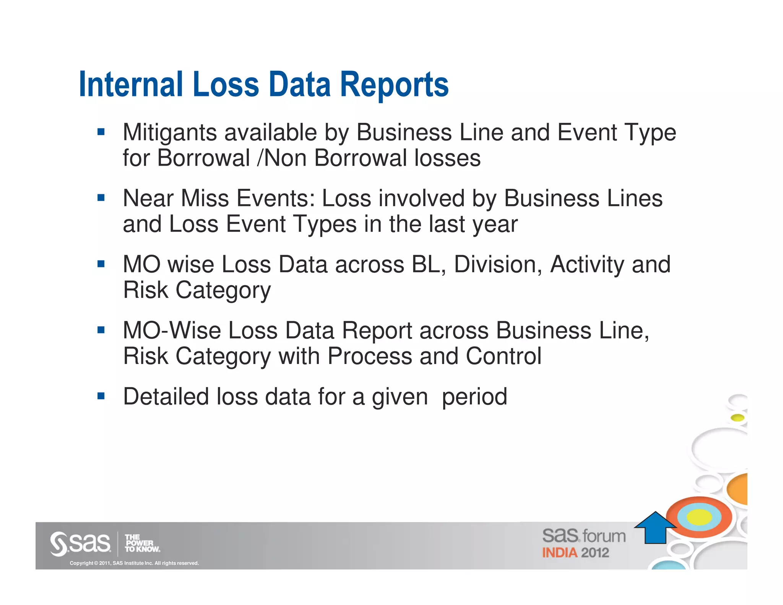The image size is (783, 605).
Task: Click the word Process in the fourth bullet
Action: (369, 356)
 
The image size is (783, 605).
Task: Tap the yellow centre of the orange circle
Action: (699, 517)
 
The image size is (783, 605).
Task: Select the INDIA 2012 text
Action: (575, 553)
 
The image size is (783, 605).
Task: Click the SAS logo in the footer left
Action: (81, 543)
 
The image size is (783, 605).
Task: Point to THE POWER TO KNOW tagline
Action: (142, 543)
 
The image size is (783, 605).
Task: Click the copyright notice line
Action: (134, 563)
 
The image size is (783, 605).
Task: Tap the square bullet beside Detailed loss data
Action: (101, 396)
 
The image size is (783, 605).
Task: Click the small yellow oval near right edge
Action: (738, 418)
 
